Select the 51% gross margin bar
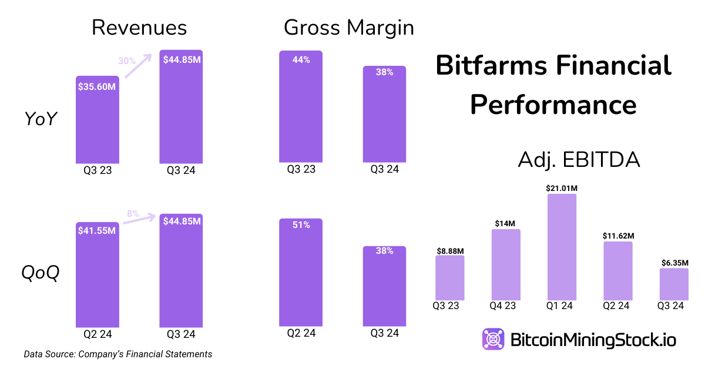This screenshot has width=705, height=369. pos(301,273)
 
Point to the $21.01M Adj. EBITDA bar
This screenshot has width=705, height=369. pos(562,247)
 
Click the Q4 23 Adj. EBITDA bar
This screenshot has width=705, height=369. pos(506,264)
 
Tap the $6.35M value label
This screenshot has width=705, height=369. pos(674,263)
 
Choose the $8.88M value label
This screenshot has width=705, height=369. pos(449,250)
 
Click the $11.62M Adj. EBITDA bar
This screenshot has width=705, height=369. pos(618,270)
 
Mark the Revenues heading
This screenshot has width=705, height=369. pos(139,28)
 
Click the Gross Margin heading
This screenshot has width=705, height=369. pos(349,28)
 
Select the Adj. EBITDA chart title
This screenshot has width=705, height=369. pos(579,160)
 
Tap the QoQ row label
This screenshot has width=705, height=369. pos(41,273)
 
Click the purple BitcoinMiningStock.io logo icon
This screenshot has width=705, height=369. pos(493,340)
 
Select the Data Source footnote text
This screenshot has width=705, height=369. pos(118,354)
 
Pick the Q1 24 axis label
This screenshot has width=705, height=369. pos(562,306)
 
